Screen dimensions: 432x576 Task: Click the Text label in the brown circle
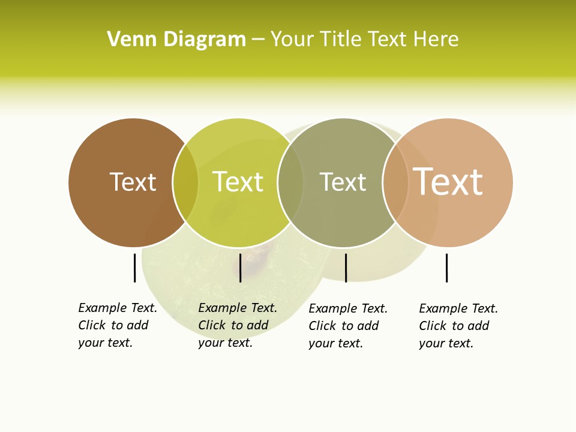[x=133, y=182]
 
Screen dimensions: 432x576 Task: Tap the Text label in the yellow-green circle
[x=238, y=182]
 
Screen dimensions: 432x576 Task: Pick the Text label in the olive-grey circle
[x=343, y=182]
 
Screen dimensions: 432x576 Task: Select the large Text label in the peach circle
[x=448, y=182]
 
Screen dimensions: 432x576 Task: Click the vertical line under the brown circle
[x=134, y=268]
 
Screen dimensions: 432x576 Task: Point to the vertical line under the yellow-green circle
[x=240, y=268]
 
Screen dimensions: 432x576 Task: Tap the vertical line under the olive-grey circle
[x=346, y=268]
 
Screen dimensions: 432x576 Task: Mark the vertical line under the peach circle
[x=446, y=268]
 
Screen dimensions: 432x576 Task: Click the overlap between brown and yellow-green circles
[x=185, y=182]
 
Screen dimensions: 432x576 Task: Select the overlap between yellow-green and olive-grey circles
[x=290, y=182]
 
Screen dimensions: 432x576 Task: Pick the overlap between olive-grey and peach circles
[x=395, y=182]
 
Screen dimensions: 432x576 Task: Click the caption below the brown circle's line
[x=118, y=325]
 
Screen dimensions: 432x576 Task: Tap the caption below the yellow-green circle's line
[x=238, y=325]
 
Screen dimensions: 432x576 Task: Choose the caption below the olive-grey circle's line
[x=348, y=326]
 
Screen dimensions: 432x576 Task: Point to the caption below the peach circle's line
[x=458, y=326]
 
